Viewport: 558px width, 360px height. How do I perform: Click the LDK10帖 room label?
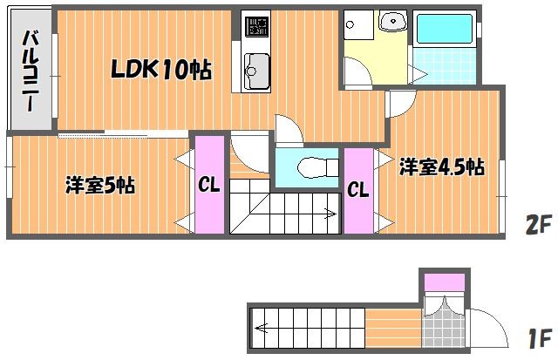coord(161,69)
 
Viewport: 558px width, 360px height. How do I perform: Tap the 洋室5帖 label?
coord(100,185)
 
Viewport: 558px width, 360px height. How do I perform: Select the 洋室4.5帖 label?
coord(442,166)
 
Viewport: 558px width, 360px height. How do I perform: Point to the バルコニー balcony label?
coord(31,71)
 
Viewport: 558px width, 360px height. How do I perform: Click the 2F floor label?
coord(539,224)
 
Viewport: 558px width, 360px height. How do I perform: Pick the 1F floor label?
coord(540,338)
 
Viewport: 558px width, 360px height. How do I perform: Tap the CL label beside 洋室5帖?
coord(209,185)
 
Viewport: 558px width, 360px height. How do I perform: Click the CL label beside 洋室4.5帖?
coord(358,190)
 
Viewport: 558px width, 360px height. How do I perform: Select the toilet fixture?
coord(317,167)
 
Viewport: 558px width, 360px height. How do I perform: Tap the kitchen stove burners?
coord(256,27)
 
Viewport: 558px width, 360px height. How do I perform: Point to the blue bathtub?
coord(444,29)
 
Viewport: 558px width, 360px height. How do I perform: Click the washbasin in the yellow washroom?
coord(393,21)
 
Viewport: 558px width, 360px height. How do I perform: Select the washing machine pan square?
coord(358,24)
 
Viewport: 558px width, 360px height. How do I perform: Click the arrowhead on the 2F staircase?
coord(331,214)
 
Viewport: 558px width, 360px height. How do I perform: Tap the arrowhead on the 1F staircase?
coord(261,328)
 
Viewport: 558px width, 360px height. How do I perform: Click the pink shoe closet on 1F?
coord(445,282)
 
